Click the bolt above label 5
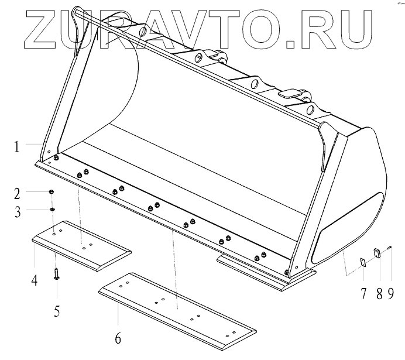56,273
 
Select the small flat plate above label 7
363,262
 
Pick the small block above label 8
377,253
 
